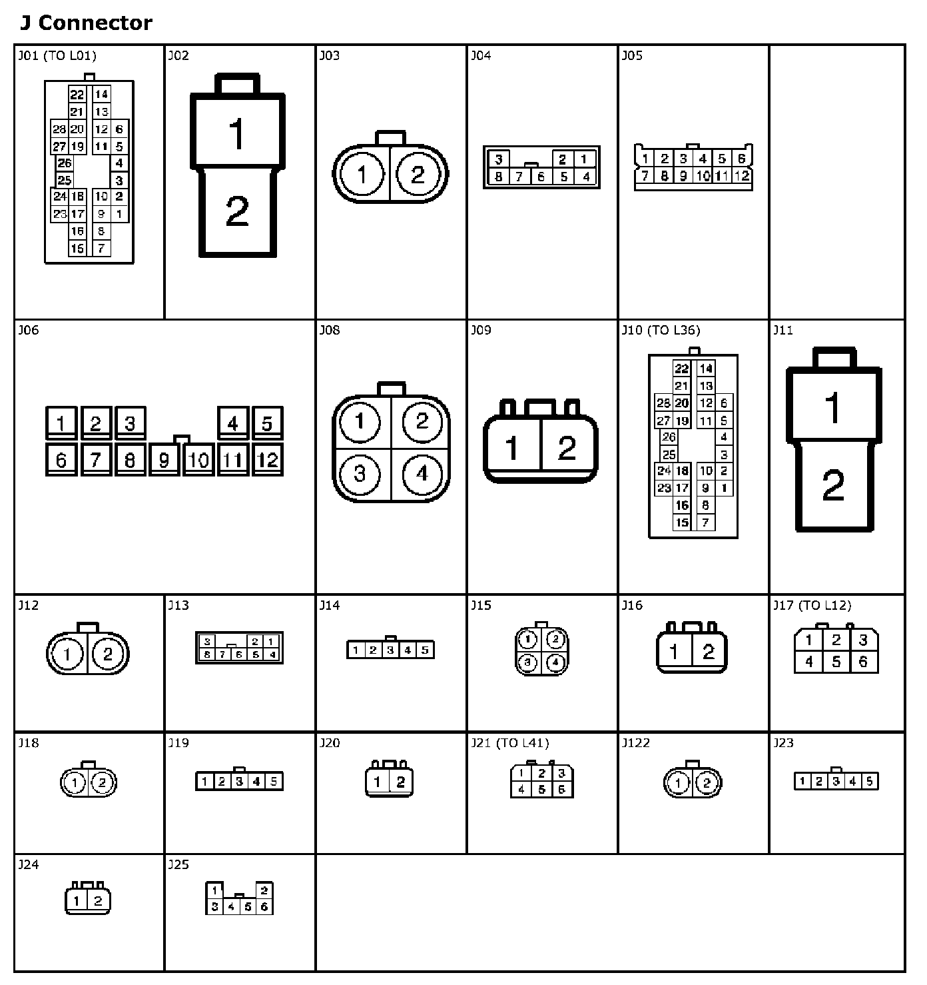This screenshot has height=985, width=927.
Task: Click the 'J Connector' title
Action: tap(86, 23)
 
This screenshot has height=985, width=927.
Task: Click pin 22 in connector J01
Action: tap(77, 95)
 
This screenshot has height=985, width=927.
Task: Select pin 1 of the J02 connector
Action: tap(237, 133)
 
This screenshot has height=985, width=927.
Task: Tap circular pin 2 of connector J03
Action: tap(418, 175)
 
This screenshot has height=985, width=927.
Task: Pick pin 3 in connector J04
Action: tap(498, 159)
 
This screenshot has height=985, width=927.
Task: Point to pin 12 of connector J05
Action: tap(742, 176)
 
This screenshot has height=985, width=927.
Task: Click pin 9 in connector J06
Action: tap(164, 460)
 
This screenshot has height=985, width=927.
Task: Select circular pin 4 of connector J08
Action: tap(422, 474)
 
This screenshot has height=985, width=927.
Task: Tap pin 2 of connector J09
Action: tap(567, 448)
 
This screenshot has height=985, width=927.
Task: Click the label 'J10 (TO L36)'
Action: tap(661, 331)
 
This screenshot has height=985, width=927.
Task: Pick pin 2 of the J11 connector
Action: tap(833, 486)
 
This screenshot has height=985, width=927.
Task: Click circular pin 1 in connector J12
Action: tap(67, 654)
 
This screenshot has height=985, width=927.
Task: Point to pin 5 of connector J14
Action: tap(424, 650)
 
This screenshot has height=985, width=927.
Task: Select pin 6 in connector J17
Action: tap(863, 662)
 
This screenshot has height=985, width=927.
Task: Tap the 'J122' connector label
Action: tap(635, 743)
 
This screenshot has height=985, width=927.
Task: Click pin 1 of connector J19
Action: tap(204, 782)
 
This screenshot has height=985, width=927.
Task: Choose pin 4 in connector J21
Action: tap(521, 790)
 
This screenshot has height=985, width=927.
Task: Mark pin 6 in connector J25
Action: tap(264, 906)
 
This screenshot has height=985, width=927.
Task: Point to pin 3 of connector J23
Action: tap(836, 782)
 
